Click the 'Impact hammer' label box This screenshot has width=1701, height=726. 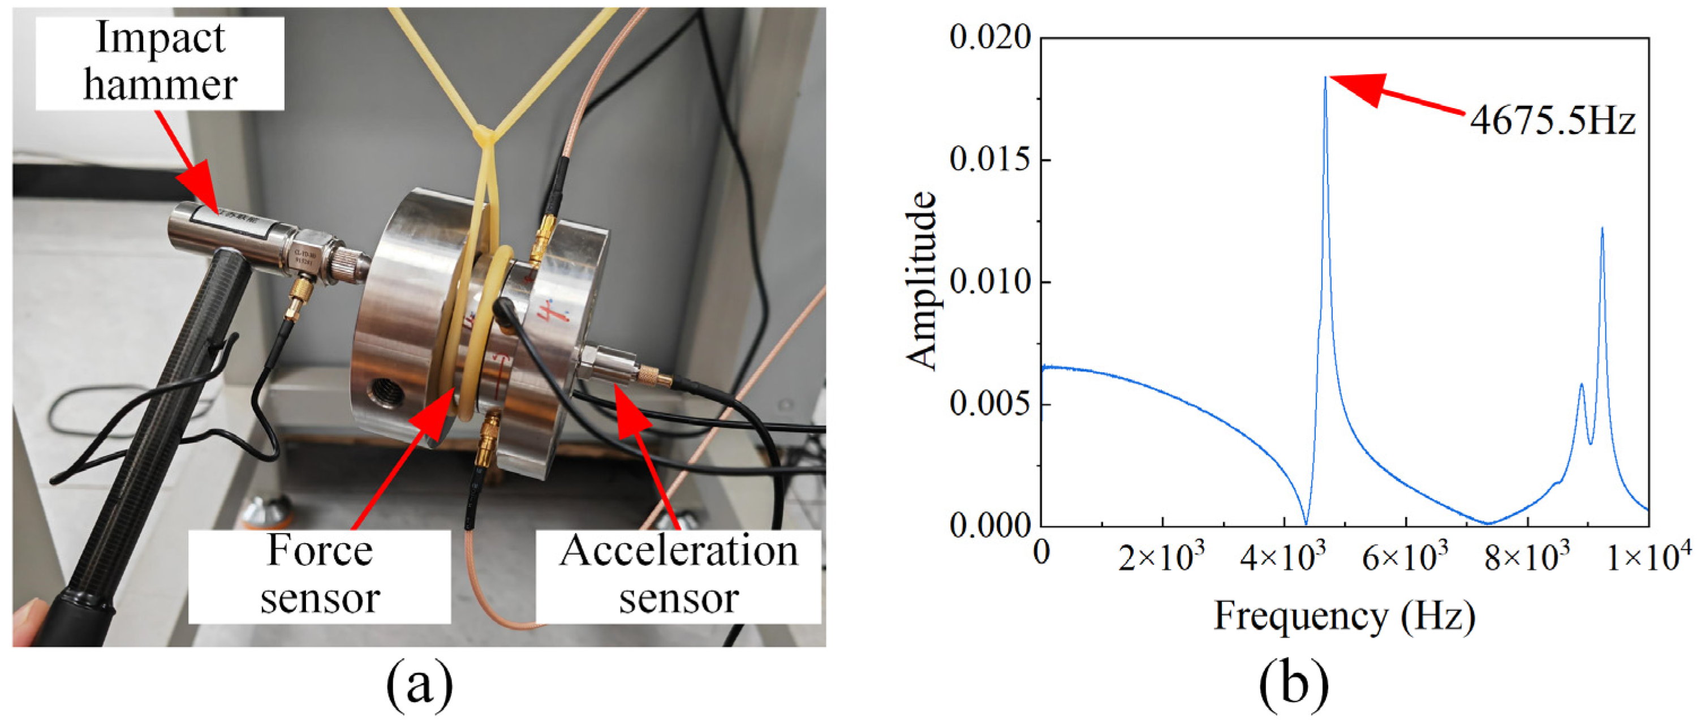click(160, 63)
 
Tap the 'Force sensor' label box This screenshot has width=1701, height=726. click(320, 575)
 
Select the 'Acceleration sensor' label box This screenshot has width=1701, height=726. click(678, 575)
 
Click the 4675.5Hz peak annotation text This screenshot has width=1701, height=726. click(1552, 122)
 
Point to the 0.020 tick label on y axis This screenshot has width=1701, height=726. click(990, 38)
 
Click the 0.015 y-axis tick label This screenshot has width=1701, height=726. click(990, 160)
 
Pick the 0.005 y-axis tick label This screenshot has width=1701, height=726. click(990, 403)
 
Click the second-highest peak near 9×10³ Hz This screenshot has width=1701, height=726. click(1602, 229)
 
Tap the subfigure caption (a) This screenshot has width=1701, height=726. click(419, 687)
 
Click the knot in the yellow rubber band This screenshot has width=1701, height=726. click(486, 137)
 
